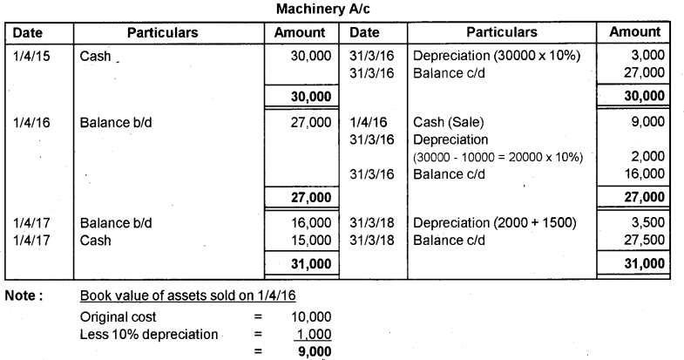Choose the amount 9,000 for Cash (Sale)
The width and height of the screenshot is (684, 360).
click(646, 124)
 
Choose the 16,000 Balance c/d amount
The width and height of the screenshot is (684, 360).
click(643, 173)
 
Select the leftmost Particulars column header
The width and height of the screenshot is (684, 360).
click(163, 32)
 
